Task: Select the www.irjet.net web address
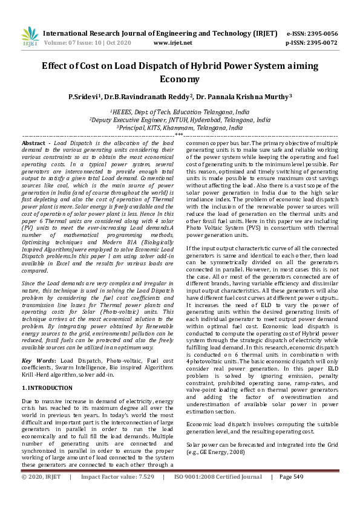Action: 173,43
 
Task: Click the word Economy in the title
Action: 180,79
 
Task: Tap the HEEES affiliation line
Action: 180,112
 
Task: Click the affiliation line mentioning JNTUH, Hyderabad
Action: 180,120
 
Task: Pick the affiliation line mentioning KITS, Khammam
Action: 180,128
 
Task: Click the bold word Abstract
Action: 33,142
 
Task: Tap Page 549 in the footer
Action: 290,494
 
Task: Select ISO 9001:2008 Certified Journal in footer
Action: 218,494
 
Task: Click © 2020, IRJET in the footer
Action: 41,494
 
